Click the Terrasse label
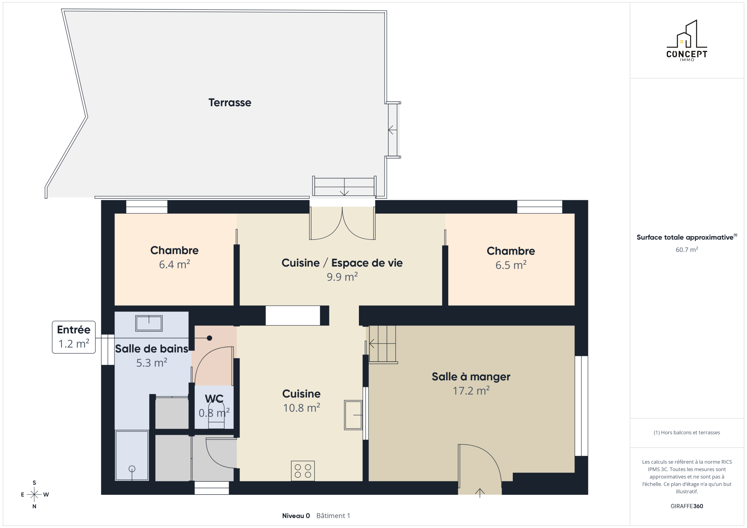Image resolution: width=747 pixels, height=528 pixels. click(x=230, y=102)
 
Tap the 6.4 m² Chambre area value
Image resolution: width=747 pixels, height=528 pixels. click(x=174, y=264)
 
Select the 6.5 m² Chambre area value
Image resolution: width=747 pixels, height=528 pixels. click(x=511, y=265)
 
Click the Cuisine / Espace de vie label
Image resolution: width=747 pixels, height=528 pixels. click(x=342, y=263)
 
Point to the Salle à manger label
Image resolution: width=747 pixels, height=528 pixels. click(x=471, y=377)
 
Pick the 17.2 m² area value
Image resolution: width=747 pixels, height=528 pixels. click(x=471, y=391)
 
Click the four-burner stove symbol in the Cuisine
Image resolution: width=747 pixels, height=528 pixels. click(x=303, y=471)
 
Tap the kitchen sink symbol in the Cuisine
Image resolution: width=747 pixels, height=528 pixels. click(x=353, y=415)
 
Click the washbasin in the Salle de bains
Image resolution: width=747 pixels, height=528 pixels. click(x=149, y=323)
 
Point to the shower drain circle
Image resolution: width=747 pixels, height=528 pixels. click(x=132, y=469)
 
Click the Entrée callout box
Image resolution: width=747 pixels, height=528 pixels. click(x=74, y=337)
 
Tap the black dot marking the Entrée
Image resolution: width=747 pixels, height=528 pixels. click(x=209, y=338)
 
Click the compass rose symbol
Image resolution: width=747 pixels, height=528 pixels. click(x=34, y=494)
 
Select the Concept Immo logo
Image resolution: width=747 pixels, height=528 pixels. click(x=687, y=40)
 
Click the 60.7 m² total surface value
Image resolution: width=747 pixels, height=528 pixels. click(x=687, y=250)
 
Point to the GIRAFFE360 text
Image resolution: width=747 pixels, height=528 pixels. click(x=687, y=506)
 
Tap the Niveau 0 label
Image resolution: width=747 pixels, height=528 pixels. click(x=296, y=516)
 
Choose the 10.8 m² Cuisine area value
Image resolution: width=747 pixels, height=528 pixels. click(x=302, y=408)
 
